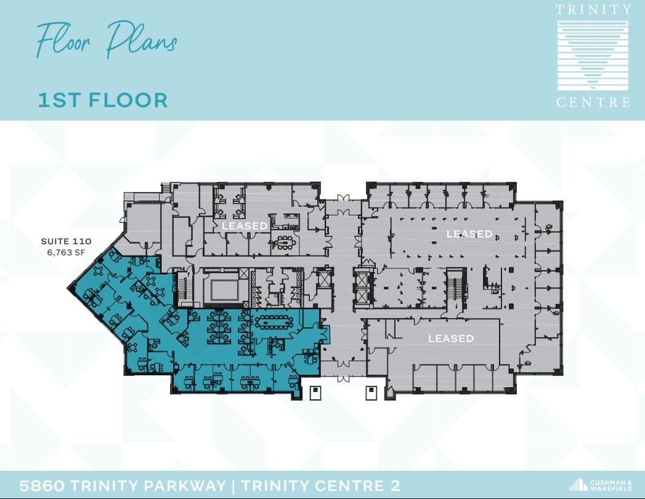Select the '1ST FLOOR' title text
(x=103, y=100)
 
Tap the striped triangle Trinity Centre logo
(x=593, y=56)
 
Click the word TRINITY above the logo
(x=593, y=10)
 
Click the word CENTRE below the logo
(x=593, y=103)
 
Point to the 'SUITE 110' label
(x=66, y=241)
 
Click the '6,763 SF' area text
(x=66, y=252)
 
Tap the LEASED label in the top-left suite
(x=245, y=226)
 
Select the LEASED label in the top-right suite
(x=469, y=234)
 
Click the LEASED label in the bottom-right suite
(x=451, y=338)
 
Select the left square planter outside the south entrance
(x=315, y=393)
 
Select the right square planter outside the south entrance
(x=371, y=393)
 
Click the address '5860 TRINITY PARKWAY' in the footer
(x=123, y=485)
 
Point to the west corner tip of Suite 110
(x=68, y=288)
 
